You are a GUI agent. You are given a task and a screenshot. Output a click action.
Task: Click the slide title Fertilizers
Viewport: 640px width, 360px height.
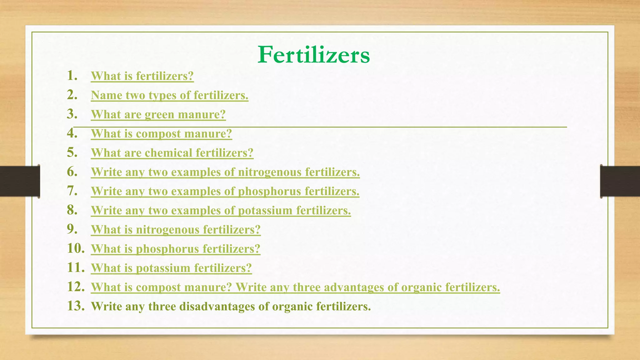(313, 55)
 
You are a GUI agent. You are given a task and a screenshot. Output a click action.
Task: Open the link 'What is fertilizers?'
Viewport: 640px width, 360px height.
(142, 76)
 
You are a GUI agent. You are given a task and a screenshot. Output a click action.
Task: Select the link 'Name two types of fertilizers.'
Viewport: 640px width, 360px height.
(169, 95)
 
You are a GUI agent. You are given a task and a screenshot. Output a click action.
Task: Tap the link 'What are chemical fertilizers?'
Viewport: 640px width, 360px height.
(172, 153)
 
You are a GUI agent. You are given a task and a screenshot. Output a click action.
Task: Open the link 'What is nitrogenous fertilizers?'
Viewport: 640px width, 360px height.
(176, 230)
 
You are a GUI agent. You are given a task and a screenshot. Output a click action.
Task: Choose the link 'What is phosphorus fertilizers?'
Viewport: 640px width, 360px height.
(176, 249)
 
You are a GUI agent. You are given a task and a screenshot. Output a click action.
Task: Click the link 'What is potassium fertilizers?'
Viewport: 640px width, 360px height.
(171, 268)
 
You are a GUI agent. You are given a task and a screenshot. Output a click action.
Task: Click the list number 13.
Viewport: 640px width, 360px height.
(76, 306)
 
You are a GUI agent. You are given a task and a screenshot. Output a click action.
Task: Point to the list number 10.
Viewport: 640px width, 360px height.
(76, 248)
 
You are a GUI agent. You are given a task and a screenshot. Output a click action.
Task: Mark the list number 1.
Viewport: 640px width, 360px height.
(72, 76)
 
